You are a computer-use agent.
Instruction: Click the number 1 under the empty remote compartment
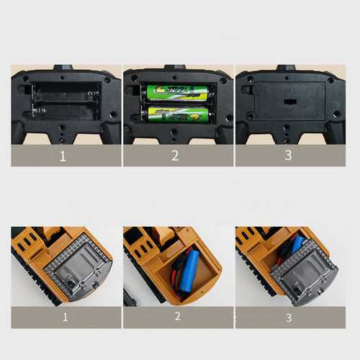pos(63,155)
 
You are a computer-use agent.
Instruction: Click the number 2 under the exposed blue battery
pos(177,317)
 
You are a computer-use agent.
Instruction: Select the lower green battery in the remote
pos(176,113)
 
